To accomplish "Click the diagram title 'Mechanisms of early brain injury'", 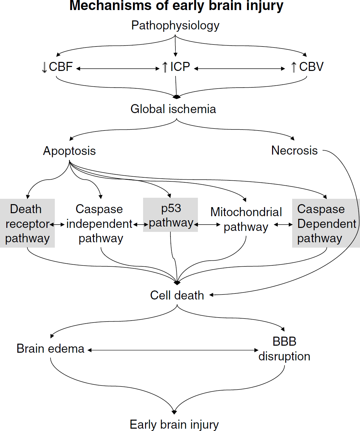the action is (176, 6).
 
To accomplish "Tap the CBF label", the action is (61, 67).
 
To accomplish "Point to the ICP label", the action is (180, 67).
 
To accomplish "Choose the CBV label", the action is (311, 67).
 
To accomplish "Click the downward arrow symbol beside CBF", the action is (44, 67).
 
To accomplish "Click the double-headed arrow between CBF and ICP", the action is (118, 69).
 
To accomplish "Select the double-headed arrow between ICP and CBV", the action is (239, 69).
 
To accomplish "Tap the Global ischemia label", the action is (173, 109).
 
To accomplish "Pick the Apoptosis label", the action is (69, 151).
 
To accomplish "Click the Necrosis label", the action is (294, 150).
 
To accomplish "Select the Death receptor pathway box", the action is (27, 223).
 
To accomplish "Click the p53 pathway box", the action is (170, 215).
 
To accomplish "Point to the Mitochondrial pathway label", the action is (246, 220).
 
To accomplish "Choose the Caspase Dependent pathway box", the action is (326, 223).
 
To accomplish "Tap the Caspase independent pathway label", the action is (99, 224).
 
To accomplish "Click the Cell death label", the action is (177, 295).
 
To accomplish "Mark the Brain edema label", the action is (50, 349).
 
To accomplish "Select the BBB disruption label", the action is (284, 349).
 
